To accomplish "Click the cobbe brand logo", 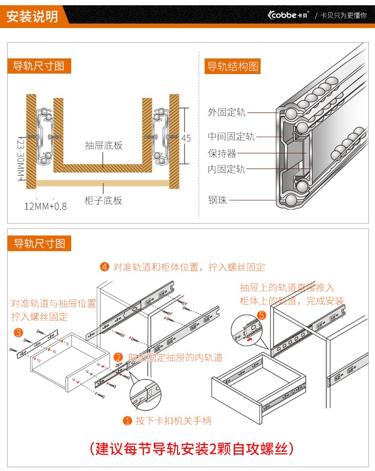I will tap(288, 15).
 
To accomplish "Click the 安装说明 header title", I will tap(32, 17).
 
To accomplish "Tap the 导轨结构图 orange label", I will tap(233, 66).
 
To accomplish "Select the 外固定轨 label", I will tap(226, 113).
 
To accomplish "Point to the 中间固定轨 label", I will tap(231, 137).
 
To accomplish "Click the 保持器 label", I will tap(222, 153).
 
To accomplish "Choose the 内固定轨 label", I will tap(226, 169).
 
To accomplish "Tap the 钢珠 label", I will tap(217, 200).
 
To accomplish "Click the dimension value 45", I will tap(186, 138).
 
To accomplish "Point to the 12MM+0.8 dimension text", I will tap(46, 207).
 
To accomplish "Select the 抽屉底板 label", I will tap(103, 145).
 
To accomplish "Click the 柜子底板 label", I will tap(103, 200).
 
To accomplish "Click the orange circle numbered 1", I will tap(127, 421).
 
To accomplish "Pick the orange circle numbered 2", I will tap(119, 357).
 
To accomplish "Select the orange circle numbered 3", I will tap(18, 332).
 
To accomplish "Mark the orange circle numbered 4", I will tap(105, 267).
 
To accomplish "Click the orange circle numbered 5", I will tap(261, 315).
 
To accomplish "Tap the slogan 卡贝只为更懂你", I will tap(344, 15).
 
